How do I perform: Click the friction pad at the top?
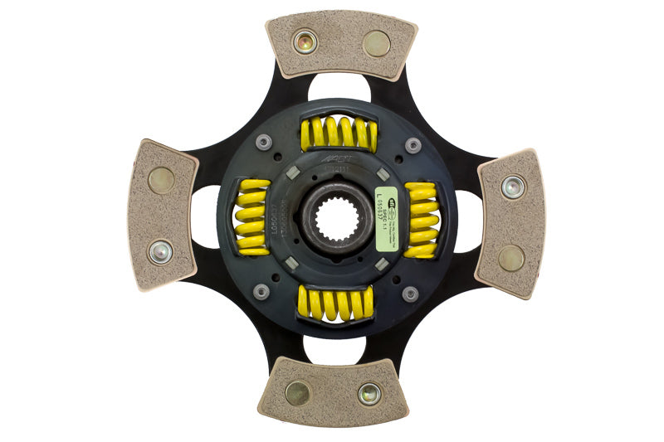[x=341, y=46]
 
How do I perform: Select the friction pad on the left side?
[x=163, y=214]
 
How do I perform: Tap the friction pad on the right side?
[x=508, y=222]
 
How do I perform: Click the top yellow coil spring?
[x=338, y=134]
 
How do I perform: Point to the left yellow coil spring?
[x=252, y=216]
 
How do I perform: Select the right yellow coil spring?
[x=422, y=220]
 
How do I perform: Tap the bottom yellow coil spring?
[x=335, y=304]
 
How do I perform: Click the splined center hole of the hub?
[x=336, y=218]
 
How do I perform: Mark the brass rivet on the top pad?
[x=377, y=43]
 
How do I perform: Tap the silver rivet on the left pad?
[x=159, y=250]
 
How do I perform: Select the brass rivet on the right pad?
[x=510, y=258]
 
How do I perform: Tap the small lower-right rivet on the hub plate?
[x=409, y=294]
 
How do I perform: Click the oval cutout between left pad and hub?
[x=204, y=216]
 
